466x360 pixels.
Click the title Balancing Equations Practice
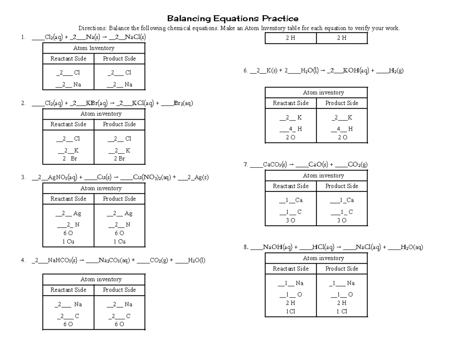pos(233,18)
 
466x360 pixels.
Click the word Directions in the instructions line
pos(92,28)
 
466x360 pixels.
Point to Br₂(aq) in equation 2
pos(183,103)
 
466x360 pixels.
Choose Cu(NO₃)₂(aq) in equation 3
pos(151,177)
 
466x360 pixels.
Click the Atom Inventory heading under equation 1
pos(94,48)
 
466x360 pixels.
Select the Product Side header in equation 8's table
pos(342,269)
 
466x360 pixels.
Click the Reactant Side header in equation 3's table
pos(68,199)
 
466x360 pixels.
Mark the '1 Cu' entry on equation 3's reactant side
pos(68,242)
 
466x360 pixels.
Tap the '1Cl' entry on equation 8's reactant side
pos(290,311)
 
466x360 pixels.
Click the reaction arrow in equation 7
pos(291,165)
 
